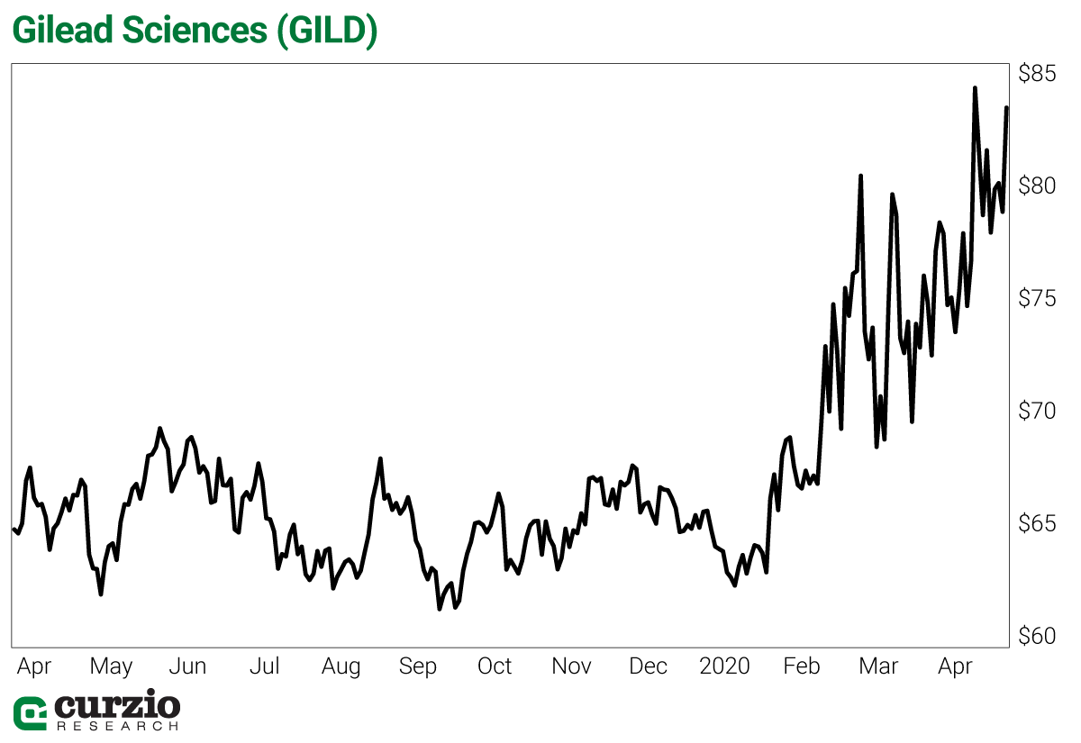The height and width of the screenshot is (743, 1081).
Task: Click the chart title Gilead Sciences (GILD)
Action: pos(194,31)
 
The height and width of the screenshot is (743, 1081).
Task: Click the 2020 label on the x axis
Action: pos(724,666)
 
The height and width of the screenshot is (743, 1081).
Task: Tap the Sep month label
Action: pos(417,666)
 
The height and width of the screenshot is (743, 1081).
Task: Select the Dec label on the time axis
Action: pos(648,666)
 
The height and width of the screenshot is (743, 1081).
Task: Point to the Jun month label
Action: pos(187,667)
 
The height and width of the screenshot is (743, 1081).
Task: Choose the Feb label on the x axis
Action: pos(801,666)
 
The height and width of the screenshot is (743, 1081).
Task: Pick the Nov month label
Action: pos(571,666)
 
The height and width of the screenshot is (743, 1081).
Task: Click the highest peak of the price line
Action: pos(975,88)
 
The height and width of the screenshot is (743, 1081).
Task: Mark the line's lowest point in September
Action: pos(440,609)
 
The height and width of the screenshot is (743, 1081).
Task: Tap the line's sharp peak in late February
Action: pos(860,176)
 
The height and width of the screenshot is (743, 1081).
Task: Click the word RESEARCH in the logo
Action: pos(117,724)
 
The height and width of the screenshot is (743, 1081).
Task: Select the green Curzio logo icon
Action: pos(30,712)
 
